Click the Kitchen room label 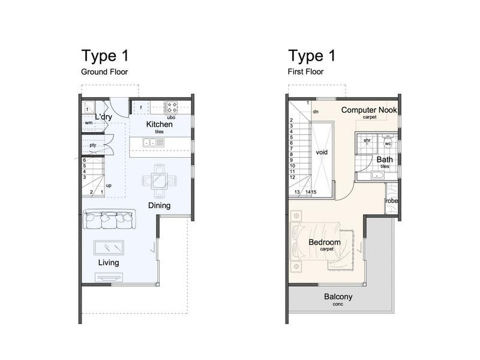(x=159, y=124)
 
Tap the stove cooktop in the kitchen (x=171, y=107)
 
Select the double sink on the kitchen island (x=154, y=143)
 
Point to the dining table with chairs (x=159, y=180)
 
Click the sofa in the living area (x=109, y=219)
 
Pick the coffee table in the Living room (x=109, y=248)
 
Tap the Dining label (x=159, y=205)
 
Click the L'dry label (x=103, y=116)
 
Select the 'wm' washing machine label (x=89, y=123)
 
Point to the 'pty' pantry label (x=93, y=145)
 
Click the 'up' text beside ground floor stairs (x=109, y=185)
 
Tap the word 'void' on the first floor (x=322, y=152)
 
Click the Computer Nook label (x=369, y=110)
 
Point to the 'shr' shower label (x=367, y=140)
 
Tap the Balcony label (x=338, y=296)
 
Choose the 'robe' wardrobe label (x=391, y=201)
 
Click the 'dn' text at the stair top (x=316, y=112)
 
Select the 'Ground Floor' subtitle (x=104, y=72)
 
